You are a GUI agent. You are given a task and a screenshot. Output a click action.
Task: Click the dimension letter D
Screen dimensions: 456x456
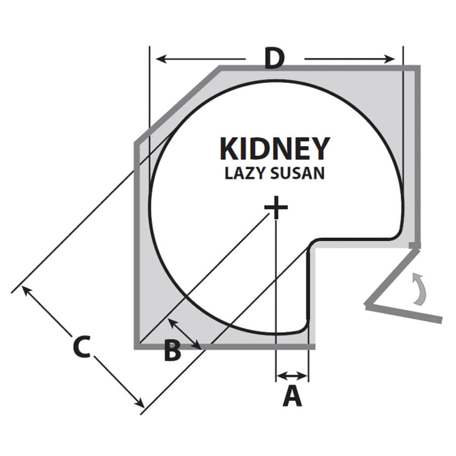[x=275, y=59]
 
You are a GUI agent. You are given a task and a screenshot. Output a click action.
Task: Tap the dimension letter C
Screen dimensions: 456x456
[x=82, y=347]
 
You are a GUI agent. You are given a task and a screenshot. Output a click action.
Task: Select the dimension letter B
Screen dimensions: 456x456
[x=172, y=351]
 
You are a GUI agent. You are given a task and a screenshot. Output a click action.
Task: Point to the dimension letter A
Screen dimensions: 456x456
[x=292, y=396]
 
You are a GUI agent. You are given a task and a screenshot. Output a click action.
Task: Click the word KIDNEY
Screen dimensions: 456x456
[x=275, y=149]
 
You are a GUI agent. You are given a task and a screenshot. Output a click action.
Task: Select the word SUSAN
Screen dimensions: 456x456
[x=297, y=173]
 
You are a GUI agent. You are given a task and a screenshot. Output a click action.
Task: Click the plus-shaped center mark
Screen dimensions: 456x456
[x=276, y=207]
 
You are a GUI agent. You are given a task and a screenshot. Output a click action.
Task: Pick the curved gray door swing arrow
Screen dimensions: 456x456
[x=420, y=289]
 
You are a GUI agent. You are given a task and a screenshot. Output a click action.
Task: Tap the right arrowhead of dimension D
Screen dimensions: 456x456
[x=389, y=59]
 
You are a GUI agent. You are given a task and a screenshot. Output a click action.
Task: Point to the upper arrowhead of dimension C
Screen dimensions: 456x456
[x=27, y=291]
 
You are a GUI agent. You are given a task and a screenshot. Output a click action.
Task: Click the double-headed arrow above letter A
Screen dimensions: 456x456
[x=292, y=375]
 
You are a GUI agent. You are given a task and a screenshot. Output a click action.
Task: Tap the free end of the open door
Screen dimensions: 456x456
[x=441, y=320]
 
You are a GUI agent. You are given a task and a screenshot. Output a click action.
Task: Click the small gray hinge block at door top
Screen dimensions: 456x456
[x=414, y=245]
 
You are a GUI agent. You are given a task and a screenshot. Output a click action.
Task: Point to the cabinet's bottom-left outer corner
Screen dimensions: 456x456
[x=135, y=348]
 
